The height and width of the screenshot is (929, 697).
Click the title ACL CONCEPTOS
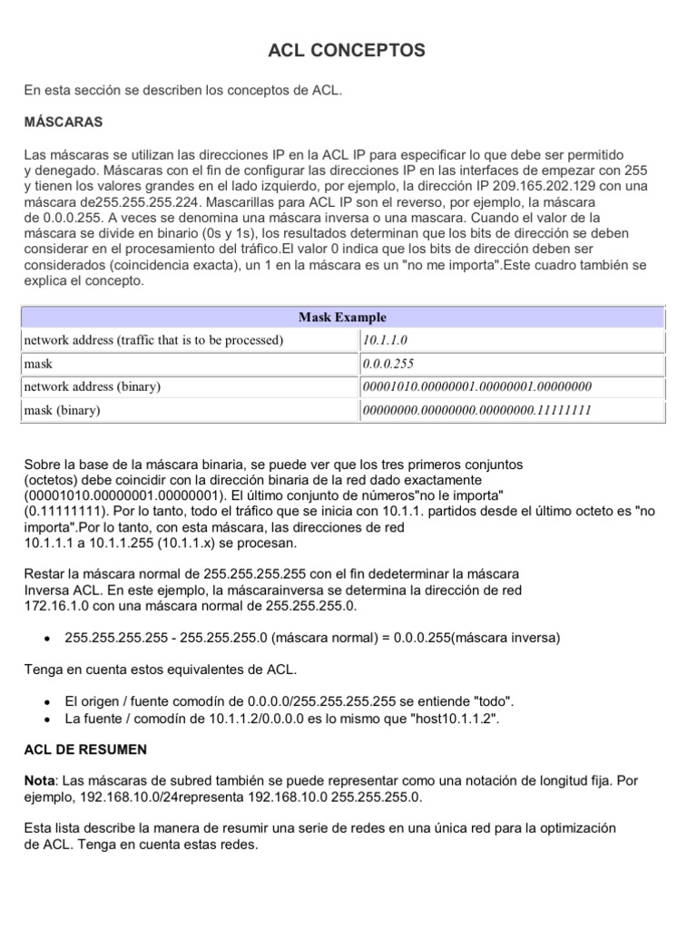pos(347,52)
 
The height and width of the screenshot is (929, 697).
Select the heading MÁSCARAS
pos(63,121)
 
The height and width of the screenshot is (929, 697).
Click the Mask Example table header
pos(342,317)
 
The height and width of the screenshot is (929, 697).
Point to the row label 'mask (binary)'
pos(62,410)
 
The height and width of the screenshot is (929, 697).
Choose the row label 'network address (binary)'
pos(92,386)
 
